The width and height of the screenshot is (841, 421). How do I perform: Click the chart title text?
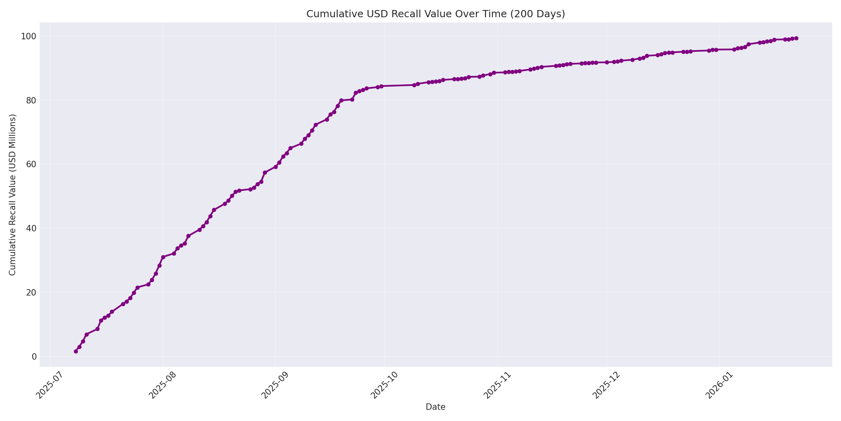point(435,14)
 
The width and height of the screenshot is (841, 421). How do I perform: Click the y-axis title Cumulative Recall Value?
point(13,195)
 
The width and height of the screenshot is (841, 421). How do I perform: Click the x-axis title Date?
point(435,407)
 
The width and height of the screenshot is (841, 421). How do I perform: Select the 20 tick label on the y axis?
point(31,292)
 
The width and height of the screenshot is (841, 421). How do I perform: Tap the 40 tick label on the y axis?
point(31,228)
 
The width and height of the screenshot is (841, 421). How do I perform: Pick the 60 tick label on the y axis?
point(31,164)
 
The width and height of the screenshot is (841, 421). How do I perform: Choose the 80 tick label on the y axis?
point(31,100)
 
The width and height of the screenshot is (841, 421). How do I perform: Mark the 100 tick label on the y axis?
point(29,36)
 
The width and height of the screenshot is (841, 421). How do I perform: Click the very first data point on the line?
point(76,351)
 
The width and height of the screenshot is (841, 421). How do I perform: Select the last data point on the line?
point(796,38)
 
